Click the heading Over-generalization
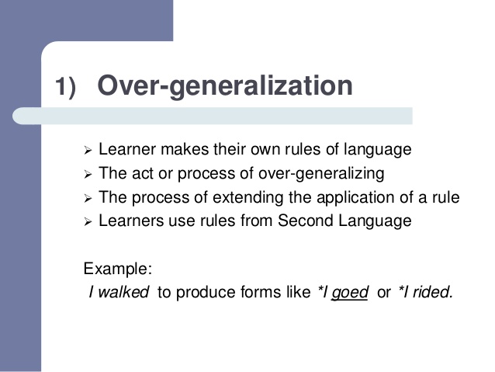(225, 85)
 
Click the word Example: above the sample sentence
(118, 269)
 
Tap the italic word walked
(126, 294)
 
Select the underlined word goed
(349, 294)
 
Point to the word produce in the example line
(203, 294)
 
